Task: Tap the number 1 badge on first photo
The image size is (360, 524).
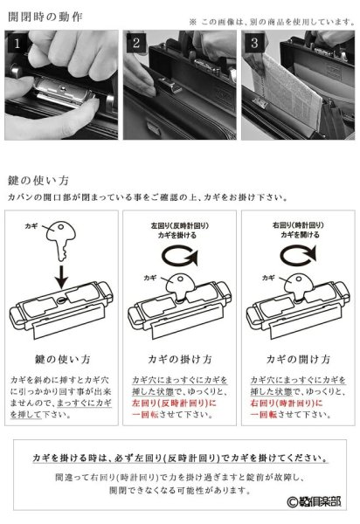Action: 13,42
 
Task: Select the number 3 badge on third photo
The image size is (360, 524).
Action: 253,42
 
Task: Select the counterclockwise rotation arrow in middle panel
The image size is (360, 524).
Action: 180,257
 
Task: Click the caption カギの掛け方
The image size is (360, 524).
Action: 180,359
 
